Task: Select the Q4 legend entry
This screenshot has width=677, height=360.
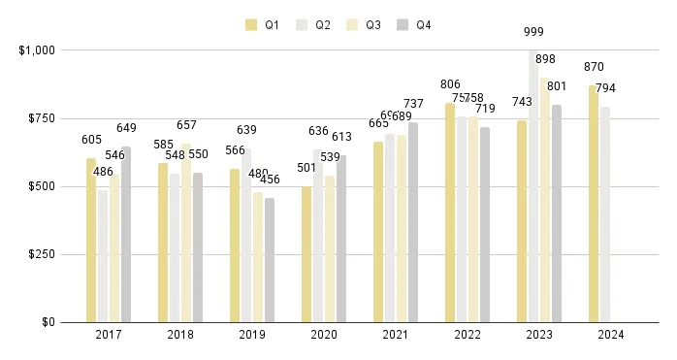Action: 414,25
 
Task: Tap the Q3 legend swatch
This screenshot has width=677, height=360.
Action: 353,25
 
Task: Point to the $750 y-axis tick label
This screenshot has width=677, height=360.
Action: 36,117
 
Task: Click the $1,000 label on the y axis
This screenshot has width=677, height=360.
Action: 32,49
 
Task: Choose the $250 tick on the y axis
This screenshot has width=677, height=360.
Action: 36,254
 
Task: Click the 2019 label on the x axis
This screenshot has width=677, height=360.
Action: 252,335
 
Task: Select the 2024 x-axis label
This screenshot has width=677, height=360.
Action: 611,335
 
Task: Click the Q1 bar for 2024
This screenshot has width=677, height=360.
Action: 594,204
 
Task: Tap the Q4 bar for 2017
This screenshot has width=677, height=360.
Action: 126,234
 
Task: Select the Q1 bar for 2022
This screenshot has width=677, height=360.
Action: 450,213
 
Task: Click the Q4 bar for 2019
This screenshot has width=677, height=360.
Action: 270,260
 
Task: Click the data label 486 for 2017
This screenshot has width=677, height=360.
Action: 103,172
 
